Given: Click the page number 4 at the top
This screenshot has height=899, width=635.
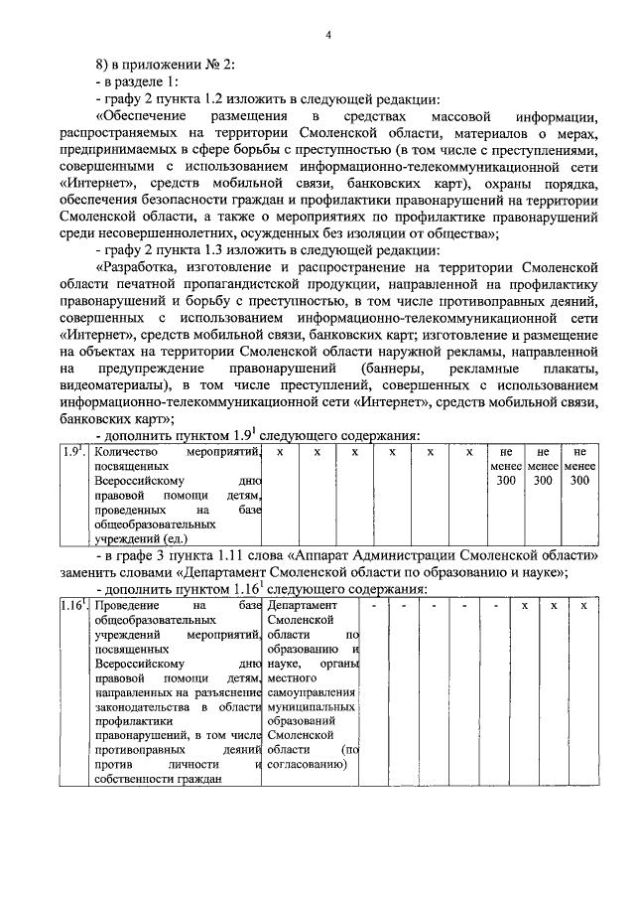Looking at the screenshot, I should (x=327, y=36).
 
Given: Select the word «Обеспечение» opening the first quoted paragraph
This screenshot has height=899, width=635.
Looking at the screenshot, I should (x=141, y=118).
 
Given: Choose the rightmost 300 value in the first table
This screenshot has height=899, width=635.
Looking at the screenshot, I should (x=579, y=481).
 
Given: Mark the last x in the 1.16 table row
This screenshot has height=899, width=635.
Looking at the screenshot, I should (x=583, y=606).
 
